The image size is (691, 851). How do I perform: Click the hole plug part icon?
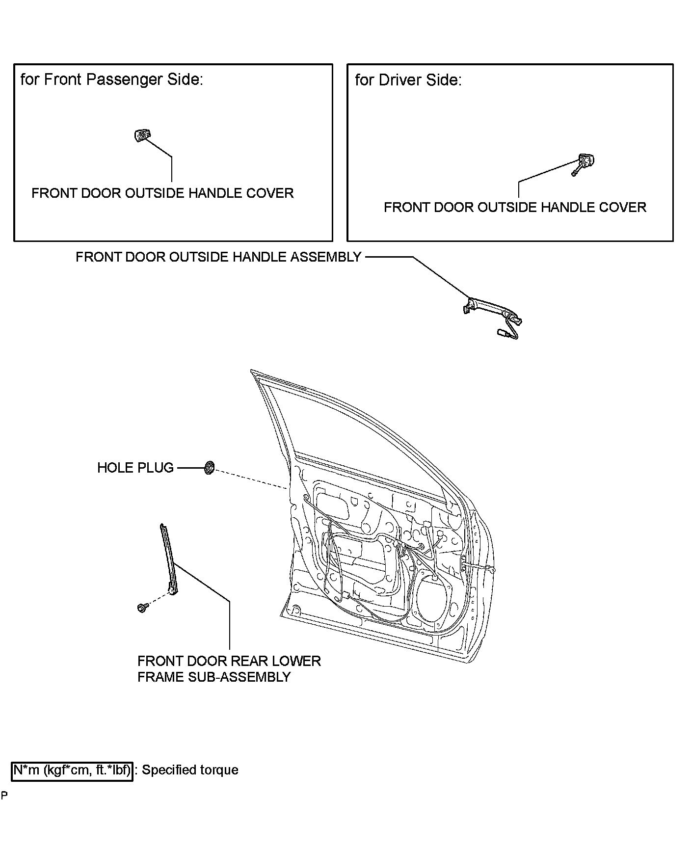(x=209, y=467)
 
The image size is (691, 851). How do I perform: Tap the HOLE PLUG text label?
(x=135, y=468)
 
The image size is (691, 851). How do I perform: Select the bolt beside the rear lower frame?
(x=142, y=608)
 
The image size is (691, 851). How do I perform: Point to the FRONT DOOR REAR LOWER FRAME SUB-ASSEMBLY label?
(x=229, y=668)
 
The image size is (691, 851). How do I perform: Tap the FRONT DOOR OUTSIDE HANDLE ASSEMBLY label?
(x=218, y=257)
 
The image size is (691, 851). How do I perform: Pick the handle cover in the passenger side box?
(x=142, y=134)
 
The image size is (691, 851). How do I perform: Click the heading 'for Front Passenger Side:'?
(x=112, y=80)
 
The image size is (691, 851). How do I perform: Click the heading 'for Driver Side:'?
(x=408, y=80)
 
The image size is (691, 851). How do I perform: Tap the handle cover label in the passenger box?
(x=162, y=193)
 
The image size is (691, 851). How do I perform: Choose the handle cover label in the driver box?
(x=515, y=207)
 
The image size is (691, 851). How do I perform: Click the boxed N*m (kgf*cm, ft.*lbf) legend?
(x=72, y=770)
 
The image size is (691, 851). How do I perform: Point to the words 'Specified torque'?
(x=190, y=770)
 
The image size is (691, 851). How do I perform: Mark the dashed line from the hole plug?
(x=250, y=479)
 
